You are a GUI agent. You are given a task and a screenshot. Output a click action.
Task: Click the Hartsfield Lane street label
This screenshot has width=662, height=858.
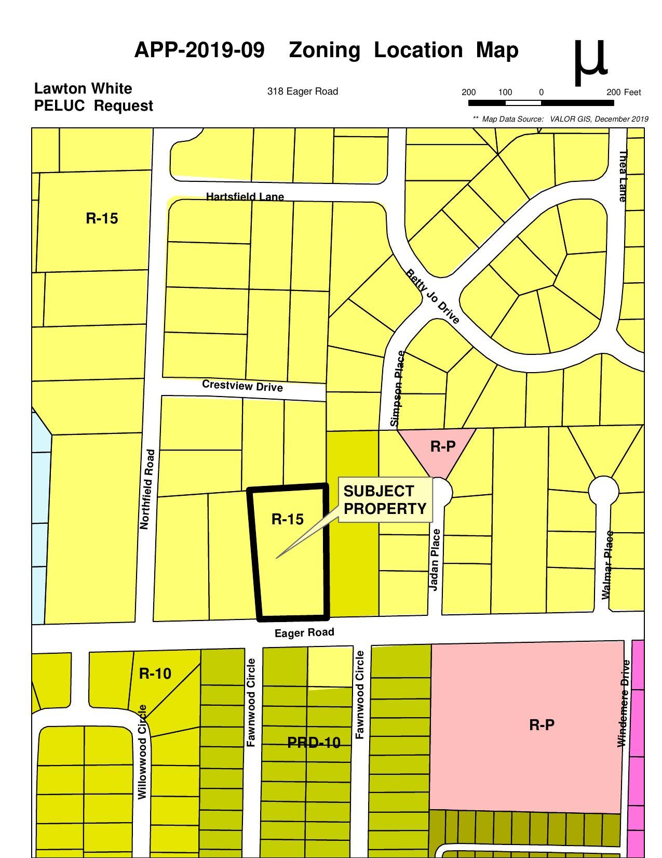(x=245, y=196)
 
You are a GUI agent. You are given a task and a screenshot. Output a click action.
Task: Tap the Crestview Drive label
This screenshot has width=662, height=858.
(x=242, y=386)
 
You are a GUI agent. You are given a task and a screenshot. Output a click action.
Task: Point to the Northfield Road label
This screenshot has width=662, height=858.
(x=147, y=490)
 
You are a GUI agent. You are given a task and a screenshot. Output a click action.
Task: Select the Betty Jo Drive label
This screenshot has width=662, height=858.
(x=433, y=296)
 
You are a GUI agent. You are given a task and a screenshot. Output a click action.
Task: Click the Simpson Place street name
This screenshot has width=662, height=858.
(x=399, y=388)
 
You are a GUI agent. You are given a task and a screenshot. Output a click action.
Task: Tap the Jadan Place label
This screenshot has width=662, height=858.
(x=435, y=559)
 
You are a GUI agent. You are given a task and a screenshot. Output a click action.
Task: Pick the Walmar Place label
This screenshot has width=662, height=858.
(x=606, y=565)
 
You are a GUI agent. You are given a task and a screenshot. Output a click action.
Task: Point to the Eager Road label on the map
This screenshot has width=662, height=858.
(x=304, y=632)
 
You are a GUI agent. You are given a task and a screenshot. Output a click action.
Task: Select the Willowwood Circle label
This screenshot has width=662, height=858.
(x=142, y=751)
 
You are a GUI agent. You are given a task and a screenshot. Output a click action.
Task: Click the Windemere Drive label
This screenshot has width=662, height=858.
(x=623, y=703)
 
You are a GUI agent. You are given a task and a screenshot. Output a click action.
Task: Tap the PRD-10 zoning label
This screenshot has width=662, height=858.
(x=314, y=743)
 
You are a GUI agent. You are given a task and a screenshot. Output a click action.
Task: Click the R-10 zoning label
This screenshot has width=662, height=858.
(x=155, y=674)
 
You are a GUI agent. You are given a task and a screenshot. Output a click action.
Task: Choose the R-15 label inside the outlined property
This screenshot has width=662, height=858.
(x=287, y=519)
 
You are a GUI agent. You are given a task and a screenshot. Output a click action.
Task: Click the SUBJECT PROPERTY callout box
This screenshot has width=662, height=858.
(x=385, y=499)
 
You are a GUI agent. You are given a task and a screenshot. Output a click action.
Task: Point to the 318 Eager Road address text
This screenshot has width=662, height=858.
(x=302, y=91)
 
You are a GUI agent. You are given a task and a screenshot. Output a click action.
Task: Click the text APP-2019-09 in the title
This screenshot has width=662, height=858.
(x=199, y=50)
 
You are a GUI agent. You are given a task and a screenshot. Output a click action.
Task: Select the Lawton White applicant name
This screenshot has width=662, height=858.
(x=83, y=88)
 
